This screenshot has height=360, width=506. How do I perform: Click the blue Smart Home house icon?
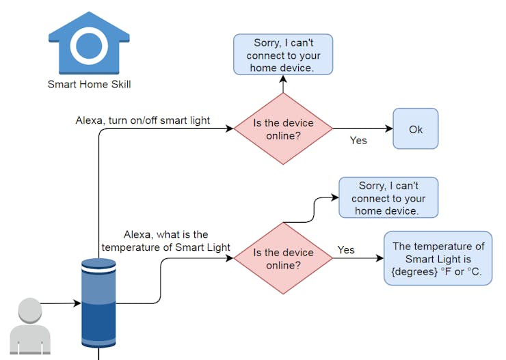click(89, 43)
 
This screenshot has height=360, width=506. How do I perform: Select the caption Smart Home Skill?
click(89, 85)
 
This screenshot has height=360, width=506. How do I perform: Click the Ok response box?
click(415, 128)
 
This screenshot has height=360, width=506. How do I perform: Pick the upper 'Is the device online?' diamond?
click(283, 128)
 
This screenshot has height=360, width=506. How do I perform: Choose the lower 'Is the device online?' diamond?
click(283, 258)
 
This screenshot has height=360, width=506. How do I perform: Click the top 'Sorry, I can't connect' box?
click(283, 55)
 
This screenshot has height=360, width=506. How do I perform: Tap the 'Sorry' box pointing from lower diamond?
click(388, 197)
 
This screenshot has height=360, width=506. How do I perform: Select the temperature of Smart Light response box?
click(438, 258)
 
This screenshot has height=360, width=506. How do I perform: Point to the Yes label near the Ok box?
click(358, 141)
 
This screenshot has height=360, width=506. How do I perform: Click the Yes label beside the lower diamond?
click(346, 250)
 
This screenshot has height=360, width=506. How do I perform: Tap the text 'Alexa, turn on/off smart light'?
click(143, 120)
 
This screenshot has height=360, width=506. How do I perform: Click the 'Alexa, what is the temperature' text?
click(166, 240)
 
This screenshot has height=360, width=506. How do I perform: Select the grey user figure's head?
click(30, 310)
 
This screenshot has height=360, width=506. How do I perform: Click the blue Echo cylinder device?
click(98, 303)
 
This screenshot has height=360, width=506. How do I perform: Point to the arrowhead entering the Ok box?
click(389, 128)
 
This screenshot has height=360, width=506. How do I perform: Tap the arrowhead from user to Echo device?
click(77, 303)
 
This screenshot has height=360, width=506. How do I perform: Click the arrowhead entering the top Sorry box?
click(283, 79)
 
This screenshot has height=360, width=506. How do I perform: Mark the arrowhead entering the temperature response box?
click(379, 258)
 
